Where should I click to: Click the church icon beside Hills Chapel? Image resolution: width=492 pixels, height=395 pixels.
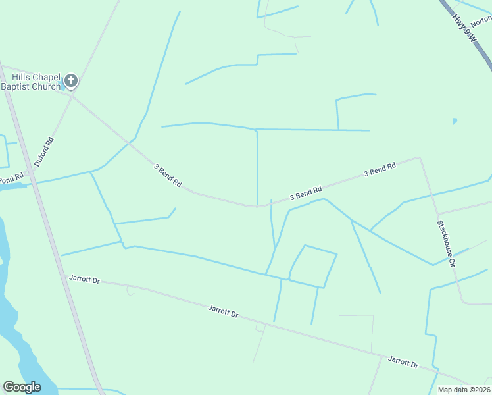point(71,82)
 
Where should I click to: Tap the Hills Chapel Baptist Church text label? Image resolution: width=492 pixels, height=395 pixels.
point(32,82)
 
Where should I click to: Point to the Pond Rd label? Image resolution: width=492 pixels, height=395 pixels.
point(11,178)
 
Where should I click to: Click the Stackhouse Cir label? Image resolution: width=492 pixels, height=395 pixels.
point(446,243)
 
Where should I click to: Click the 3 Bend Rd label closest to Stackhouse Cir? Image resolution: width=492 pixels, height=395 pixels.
point(380,170)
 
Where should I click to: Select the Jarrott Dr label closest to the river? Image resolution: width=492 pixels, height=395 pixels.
point(84,280)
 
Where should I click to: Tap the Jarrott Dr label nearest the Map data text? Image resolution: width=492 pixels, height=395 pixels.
point(403,361)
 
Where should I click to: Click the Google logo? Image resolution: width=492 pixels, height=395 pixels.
point(22,387)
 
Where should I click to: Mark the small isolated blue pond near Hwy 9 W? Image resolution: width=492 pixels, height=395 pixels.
point(454,121)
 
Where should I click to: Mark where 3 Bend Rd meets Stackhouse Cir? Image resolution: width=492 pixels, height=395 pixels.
point(418,158)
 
